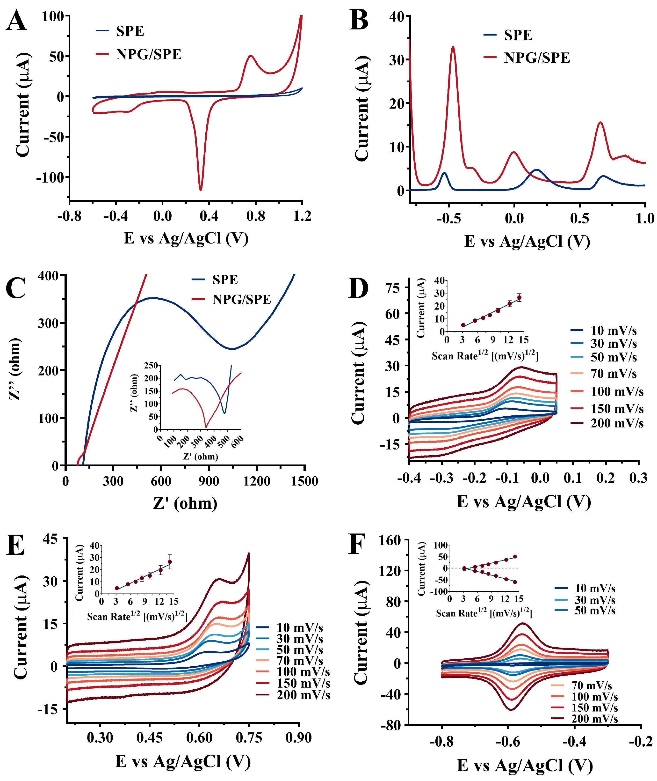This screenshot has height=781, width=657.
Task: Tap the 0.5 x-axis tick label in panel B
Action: (579, 219)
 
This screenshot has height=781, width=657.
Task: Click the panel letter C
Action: (16, 288)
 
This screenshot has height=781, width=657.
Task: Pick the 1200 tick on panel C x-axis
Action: (257, 481)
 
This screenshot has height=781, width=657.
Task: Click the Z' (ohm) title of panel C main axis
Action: (185, 503)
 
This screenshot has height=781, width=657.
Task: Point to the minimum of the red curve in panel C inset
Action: (206, 427)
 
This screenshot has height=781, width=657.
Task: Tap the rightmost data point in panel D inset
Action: (519, 297)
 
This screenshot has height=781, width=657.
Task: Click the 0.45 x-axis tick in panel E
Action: (149, 738)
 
